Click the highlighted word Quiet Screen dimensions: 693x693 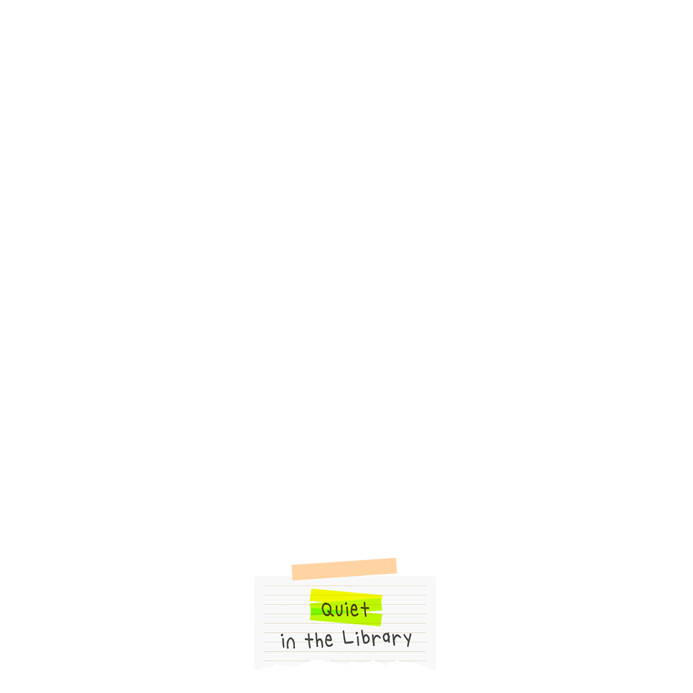[345, 610]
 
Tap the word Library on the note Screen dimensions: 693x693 [377, 638]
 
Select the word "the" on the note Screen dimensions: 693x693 [319, 640]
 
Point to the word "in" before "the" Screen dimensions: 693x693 [288, 642]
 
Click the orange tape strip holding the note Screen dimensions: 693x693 [344, 568]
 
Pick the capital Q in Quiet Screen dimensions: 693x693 [328, 610]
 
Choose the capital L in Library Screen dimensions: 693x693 [348, 638]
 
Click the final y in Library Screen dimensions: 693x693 [407, 640]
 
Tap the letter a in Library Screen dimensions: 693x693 [386, 639]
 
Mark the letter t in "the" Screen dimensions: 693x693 [309, 641]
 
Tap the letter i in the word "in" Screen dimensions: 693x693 [284, 642]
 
